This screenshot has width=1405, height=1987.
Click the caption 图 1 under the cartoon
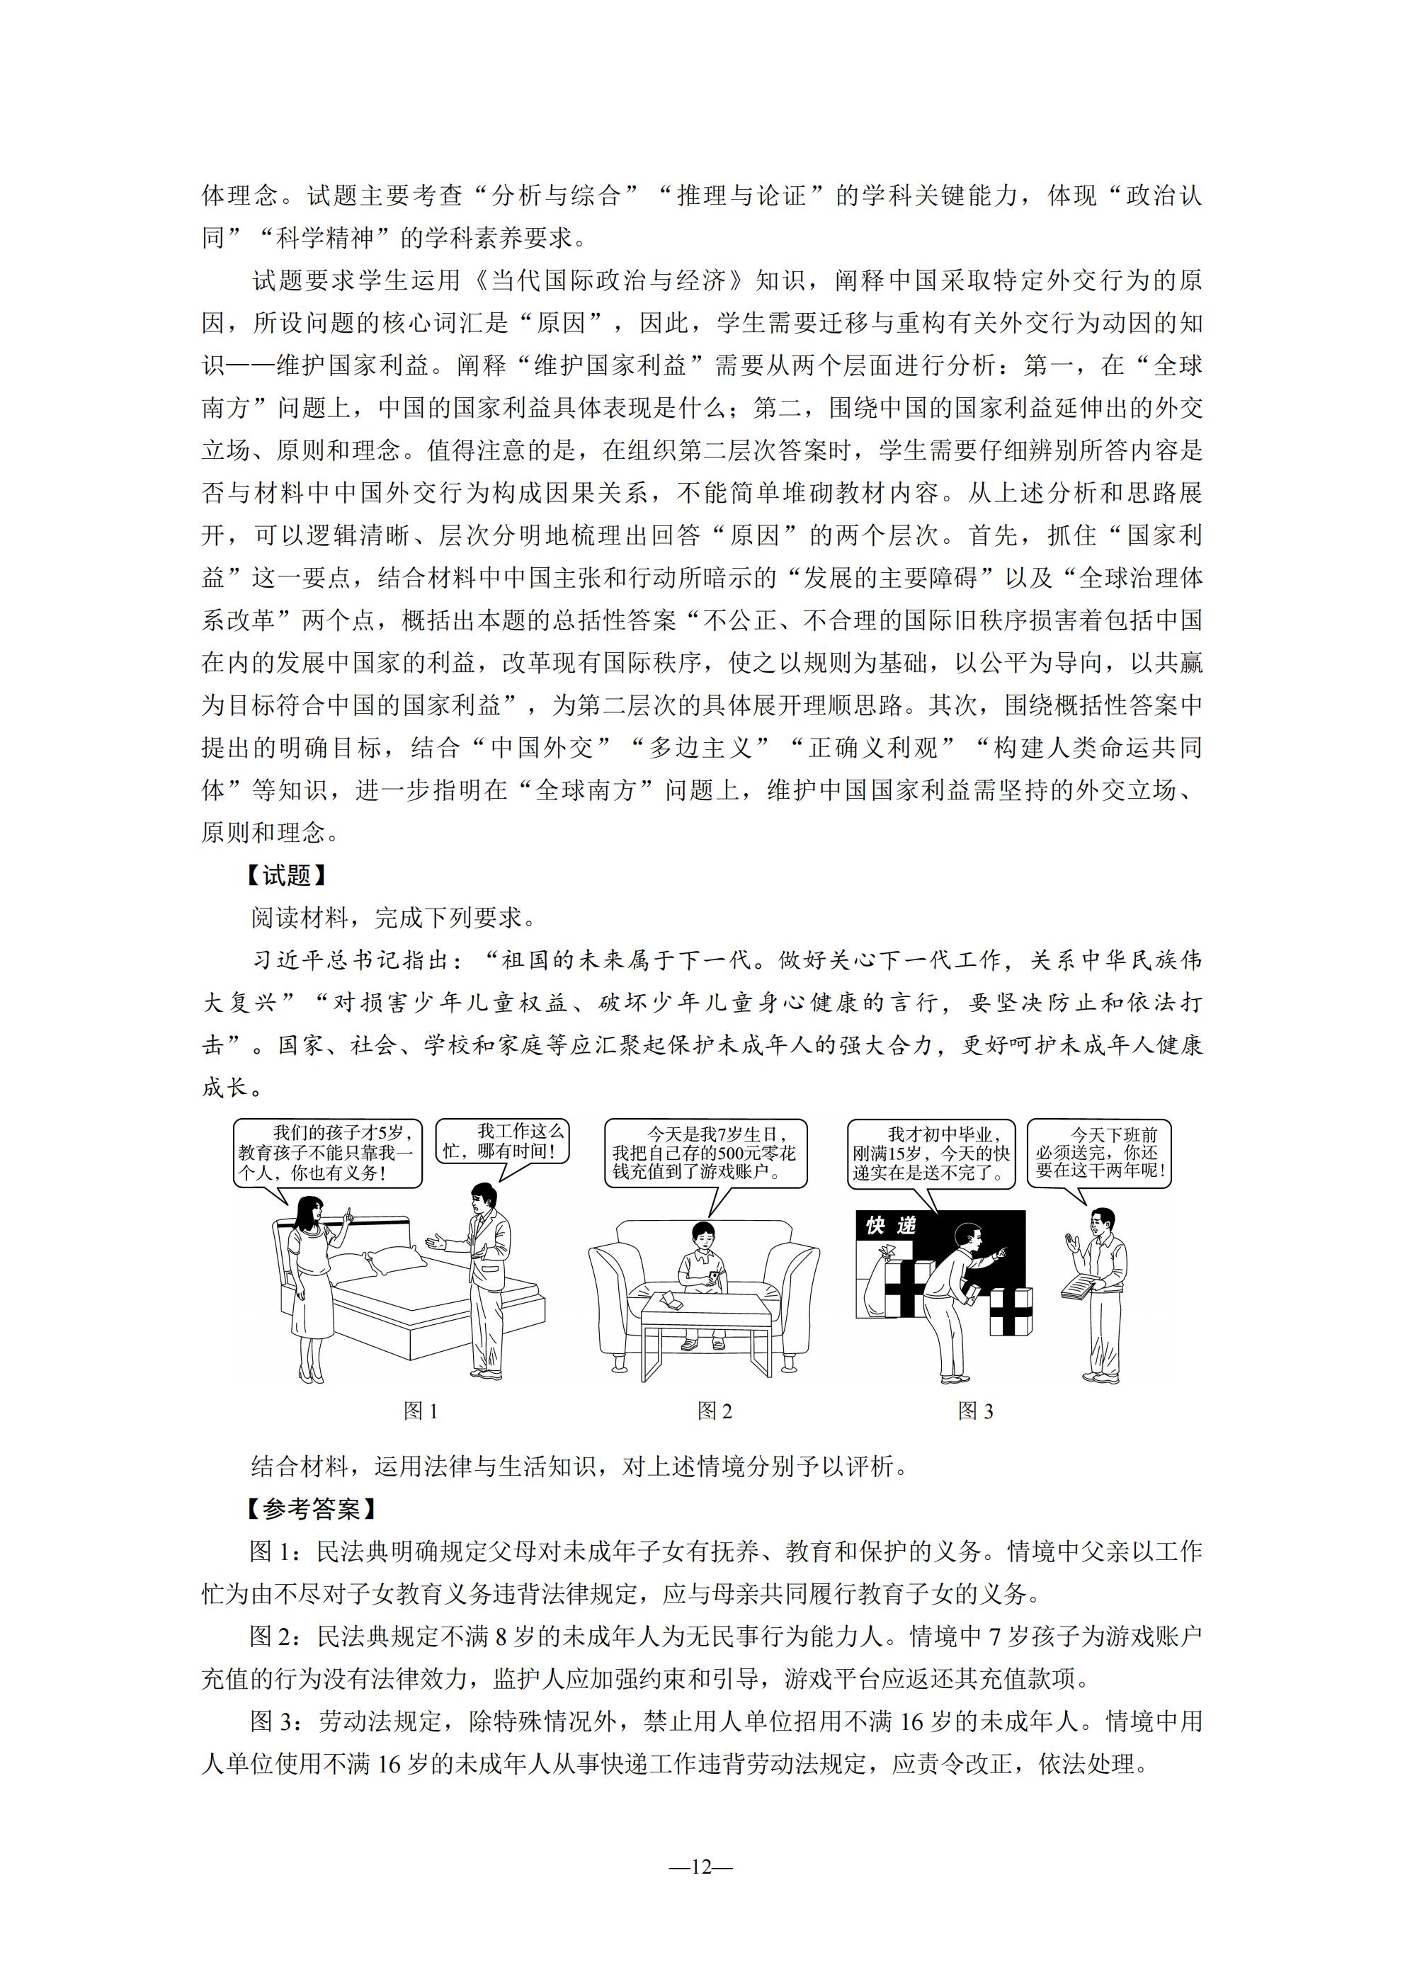coord(421,1411)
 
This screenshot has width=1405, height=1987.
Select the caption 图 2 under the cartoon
coord(715,1411)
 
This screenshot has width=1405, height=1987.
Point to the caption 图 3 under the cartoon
coord(976,1411)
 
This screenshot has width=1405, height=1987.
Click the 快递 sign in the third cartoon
coord(891,1226)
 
